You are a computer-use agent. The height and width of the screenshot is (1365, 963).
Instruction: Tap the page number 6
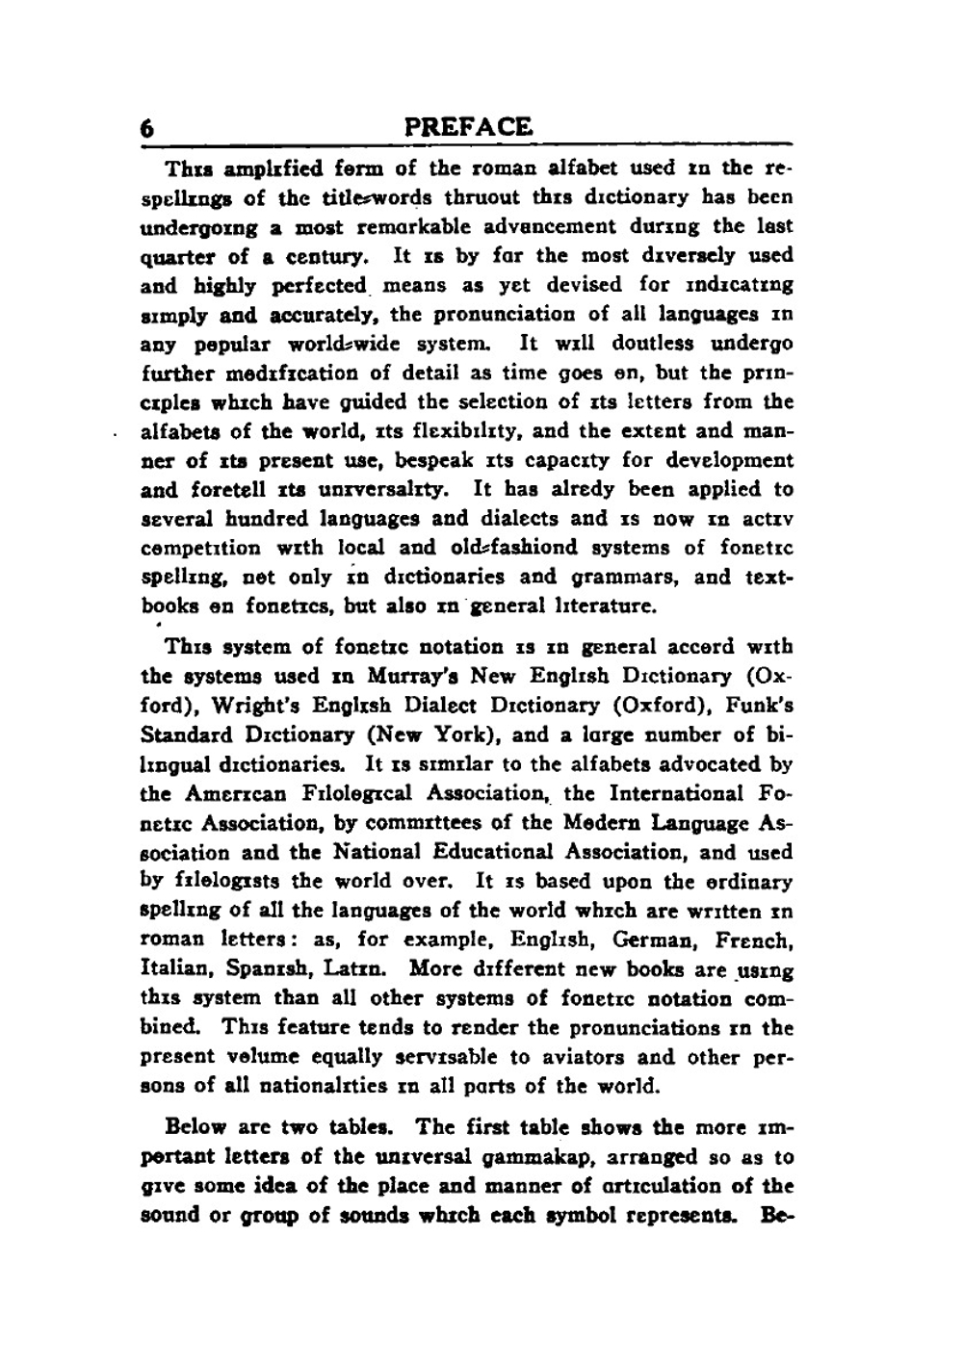(x=148, y=129)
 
